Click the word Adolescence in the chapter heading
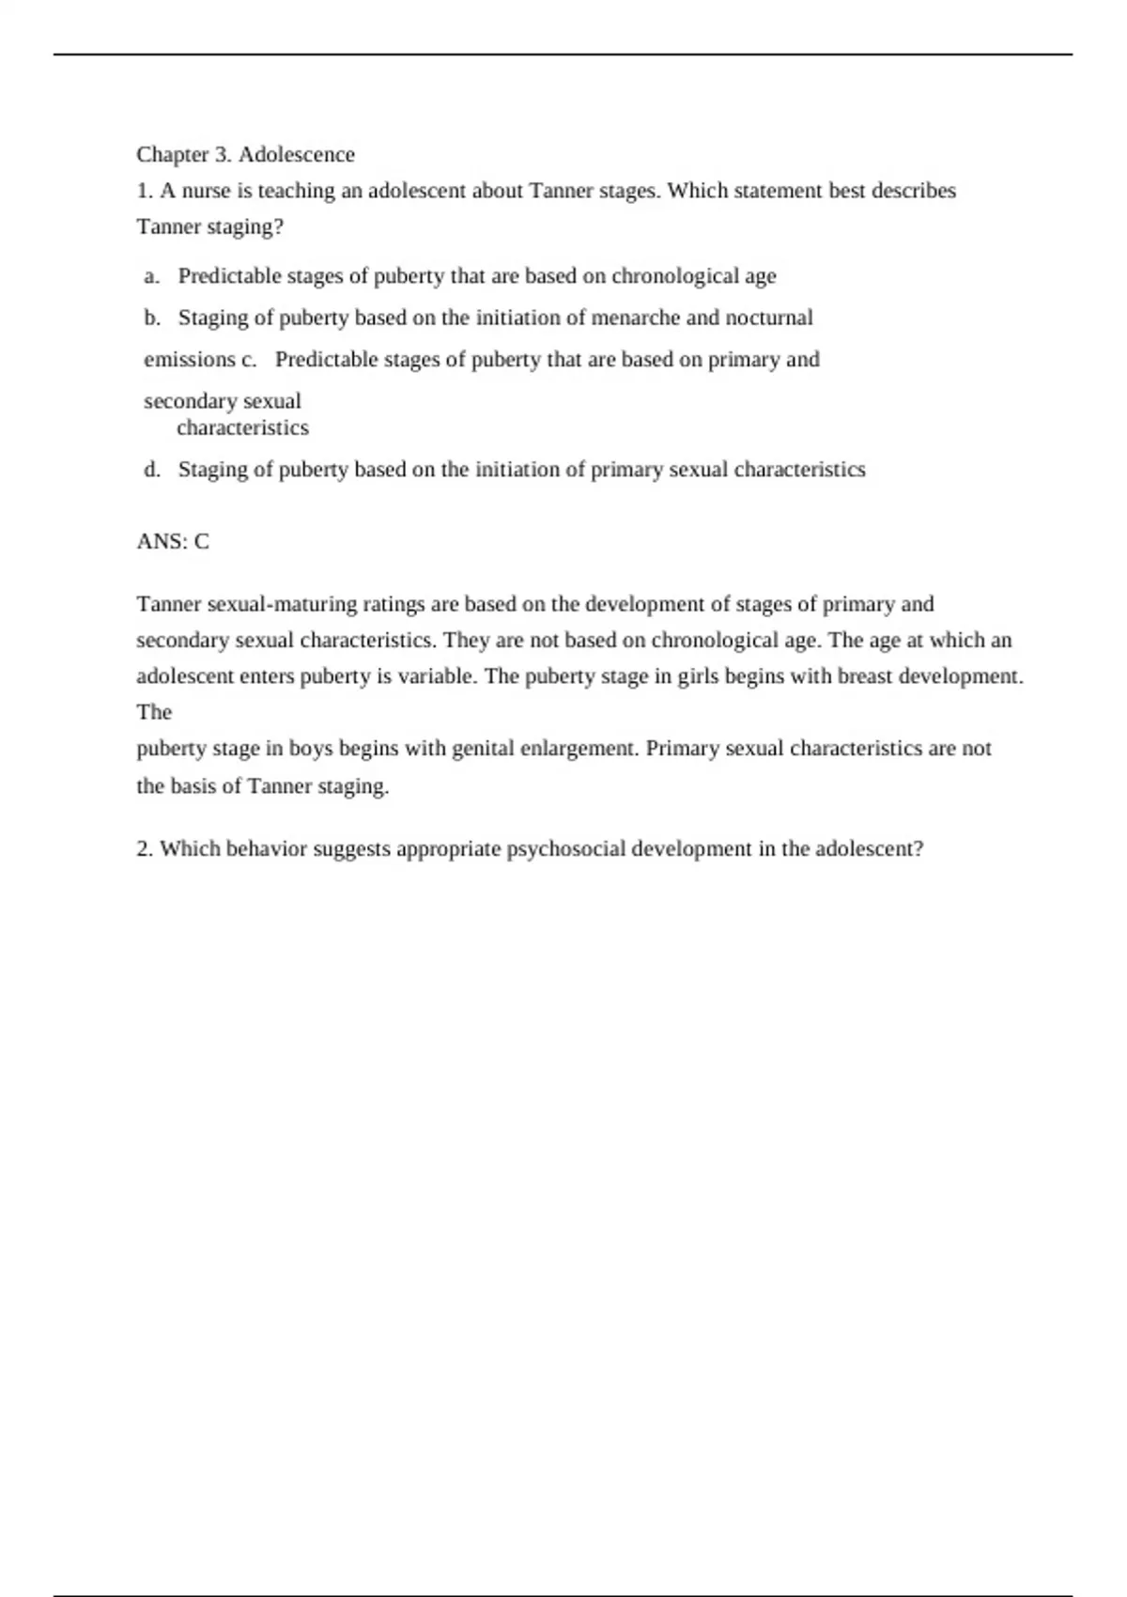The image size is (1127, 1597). click(296, 154)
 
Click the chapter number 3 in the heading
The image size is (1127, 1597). click(223, 154)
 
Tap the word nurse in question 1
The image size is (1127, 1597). click(206, 191)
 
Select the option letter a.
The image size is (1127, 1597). click(151, 276)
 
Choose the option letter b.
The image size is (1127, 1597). click(152, 318)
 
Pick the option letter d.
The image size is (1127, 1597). click(152, 470)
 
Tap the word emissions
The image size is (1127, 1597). click(189, 360)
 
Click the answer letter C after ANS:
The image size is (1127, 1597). click(202, 542)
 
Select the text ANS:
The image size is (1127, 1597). click(162, 542)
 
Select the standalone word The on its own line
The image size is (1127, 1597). click(154, 712)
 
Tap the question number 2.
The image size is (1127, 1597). click(145, 849)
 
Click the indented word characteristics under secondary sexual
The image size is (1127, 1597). click(242, 428)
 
